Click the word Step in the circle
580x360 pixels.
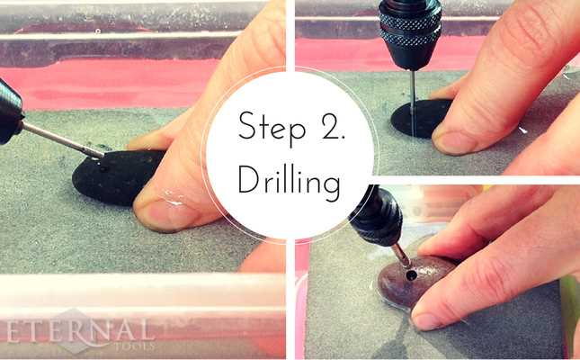266,127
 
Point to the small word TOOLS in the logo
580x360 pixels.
135,346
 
